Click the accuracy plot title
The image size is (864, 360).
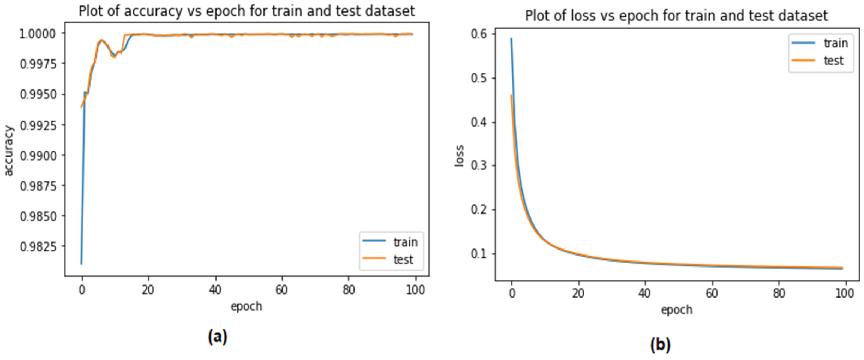pyautogui.click(x=247, y=11)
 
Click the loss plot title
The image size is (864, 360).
pyautogui.click(x=676, y=16)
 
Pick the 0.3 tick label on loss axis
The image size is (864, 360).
pyautogui.click(x=479, y=166)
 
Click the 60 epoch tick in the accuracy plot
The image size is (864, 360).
pyautogui.click(x=282, y=290)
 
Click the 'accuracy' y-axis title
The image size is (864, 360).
pyautogui.click(x=9, y=151)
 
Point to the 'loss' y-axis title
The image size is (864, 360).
pyautogui.click(x=459, y=156)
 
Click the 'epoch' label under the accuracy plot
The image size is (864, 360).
pyautogui.click(x=246, y=306)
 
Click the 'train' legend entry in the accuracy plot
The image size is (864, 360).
pyautogui.click(x=405, y=242)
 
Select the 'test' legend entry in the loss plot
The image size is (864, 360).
pyautogui.click(x=833, y=61)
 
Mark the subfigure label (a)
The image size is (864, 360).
pyautogui.click(x=218, y=336)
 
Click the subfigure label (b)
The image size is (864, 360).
pyautogui.click(x=660, y=344)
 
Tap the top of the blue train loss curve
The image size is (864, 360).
pyautogui.click(x=511, y=38)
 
